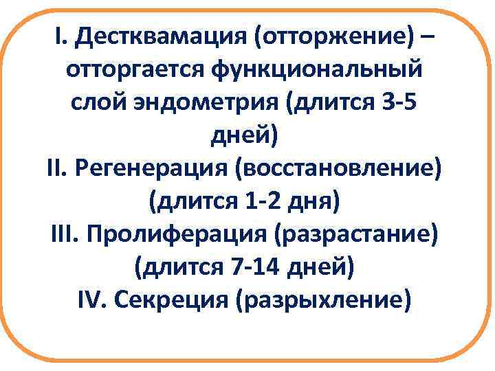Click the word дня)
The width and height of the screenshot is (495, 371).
(313, 201)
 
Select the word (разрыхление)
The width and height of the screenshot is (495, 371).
(324, 300)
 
